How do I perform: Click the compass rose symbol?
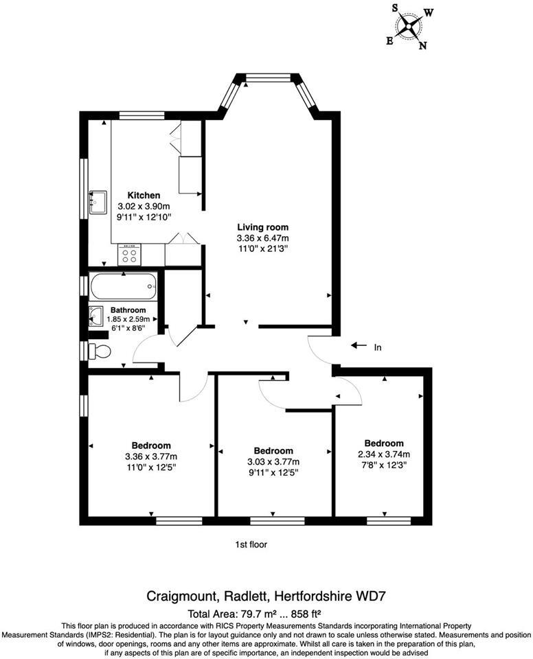coord(411,28)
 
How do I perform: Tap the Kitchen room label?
coord(144,196)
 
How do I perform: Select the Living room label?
coord(262,227)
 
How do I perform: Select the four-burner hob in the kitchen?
coord(129,255)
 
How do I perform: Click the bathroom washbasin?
coord(96,316)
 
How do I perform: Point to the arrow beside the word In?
coord(359,346)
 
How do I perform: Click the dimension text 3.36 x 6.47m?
coord(262,238)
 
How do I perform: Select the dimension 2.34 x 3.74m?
coord(384,454)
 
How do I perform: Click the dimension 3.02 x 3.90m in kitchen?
coord(144,206)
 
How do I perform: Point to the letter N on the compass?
coord(423,46)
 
